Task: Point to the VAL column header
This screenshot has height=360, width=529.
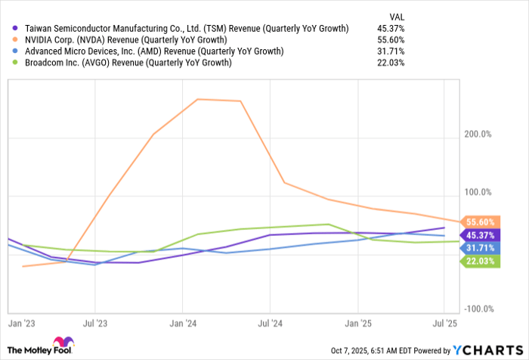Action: click(397, 15)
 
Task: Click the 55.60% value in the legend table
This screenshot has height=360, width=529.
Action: click(391, 40)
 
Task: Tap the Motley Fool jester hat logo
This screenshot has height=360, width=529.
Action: click(65, 344)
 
